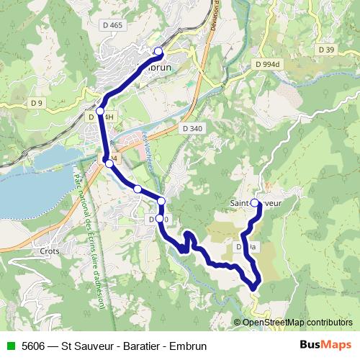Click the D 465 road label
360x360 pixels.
[114, 25]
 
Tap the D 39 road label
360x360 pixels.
[325, 50]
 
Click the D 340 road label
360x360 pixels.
[193, 128]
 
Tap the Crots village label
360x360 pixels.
[50, 252]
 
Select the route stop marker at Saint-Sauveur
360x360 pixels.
[255, 204]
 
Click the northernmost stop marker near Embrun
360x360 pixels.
[158, 50]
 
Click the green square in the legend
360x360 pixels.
[9, 346]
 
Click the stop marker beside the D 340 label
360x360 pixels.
[159, 218]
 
